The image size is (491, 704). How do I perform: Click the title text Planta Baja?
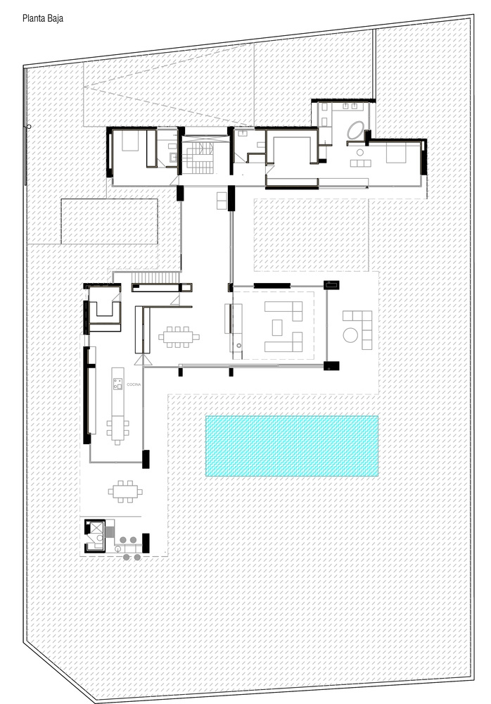click(44, 20)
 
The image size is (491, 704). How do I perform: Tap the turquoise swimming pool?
click(291, 446)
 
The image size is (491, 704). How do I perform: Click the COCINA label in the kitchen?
click(134, 384)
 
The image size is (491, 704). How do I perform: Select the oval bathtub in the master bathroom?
click(355, 132)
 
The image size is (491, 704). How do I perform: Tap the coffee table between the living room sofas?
click(277, 327)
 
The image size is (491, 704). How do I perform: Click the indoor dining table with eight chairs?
click(179, 336)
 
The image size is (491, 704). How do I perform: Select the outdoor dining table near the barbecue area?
click(125, 490)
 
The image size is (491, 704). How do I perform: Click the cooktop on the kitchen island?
click(117, 384)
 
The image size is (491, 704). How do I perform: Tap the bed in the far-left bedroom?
click(131, 143)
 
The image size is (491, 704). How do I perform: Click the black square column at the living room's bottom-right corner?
click(331, 365)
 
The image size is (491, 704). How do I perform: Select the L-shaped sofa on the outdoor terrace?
click(359, 329)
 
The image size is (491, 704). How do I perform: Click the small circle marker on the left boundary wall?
click(28, 127)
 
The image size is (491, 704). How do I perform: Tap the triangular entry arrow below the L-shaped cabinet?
click(146, 359)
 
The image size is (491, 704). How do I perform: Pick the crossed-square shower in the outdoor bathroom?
click(94, 528)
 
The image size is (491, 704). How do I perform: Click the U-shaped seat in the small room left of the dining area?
click(105, 308)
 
